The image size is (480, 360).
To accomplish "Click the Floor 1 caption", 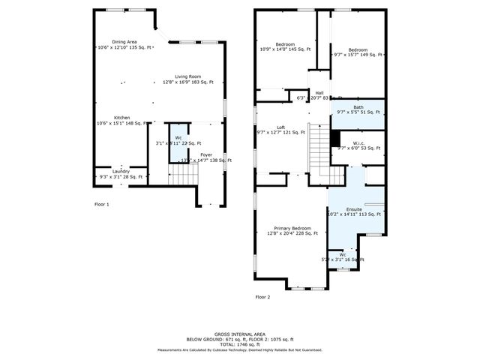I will [101, 204].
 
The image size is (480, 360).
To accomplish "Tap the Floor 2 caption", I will [262, 297].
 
